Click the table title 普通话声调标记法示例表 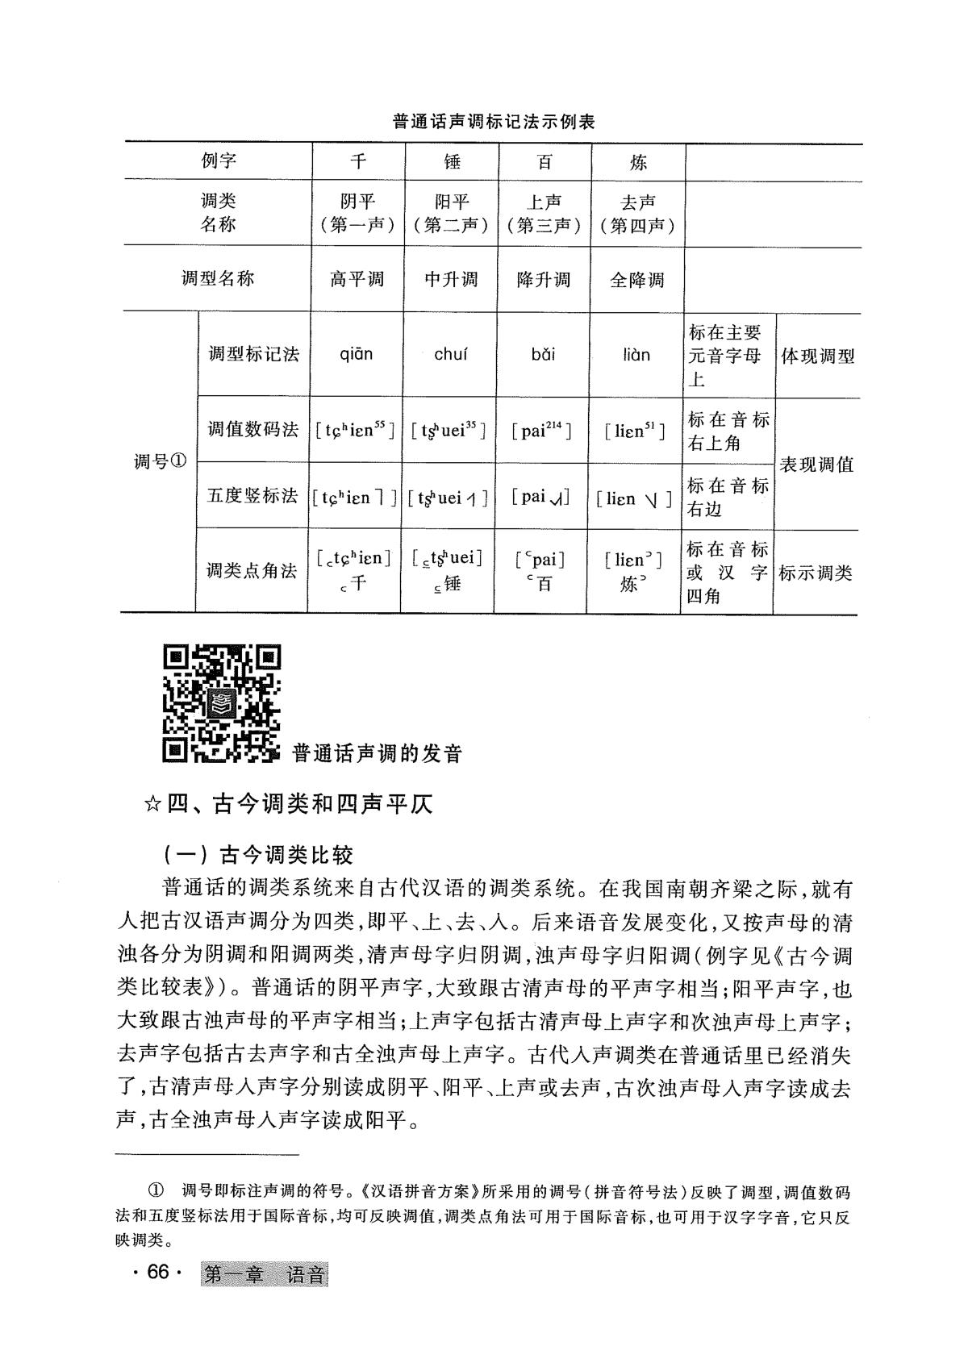pos(493,123)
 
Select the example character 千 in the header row pos(357,162)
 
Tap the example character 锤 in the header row pos(452,162)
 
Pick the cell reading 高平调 pos(357,280)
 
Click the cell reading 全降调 pos(637,280)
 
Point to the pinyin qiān pos(357,354)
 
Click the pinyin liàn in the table pos(636,354)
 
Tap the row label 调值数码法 pos(253,429)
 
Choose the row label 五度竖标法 pos(253,496)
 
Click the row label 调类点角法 pos(253,571)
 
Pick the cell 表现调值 pos(816,465)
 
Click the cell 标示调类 pos(816,573)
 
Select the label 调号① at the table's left pos(160,462)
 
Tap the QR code pos(222,703)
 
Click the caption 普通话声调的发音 pos(378,754)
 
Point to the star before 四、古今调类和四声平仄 pos(151,805)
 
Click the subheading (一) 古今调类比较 pos(258,854)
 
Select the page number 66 pos(157,1272)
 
